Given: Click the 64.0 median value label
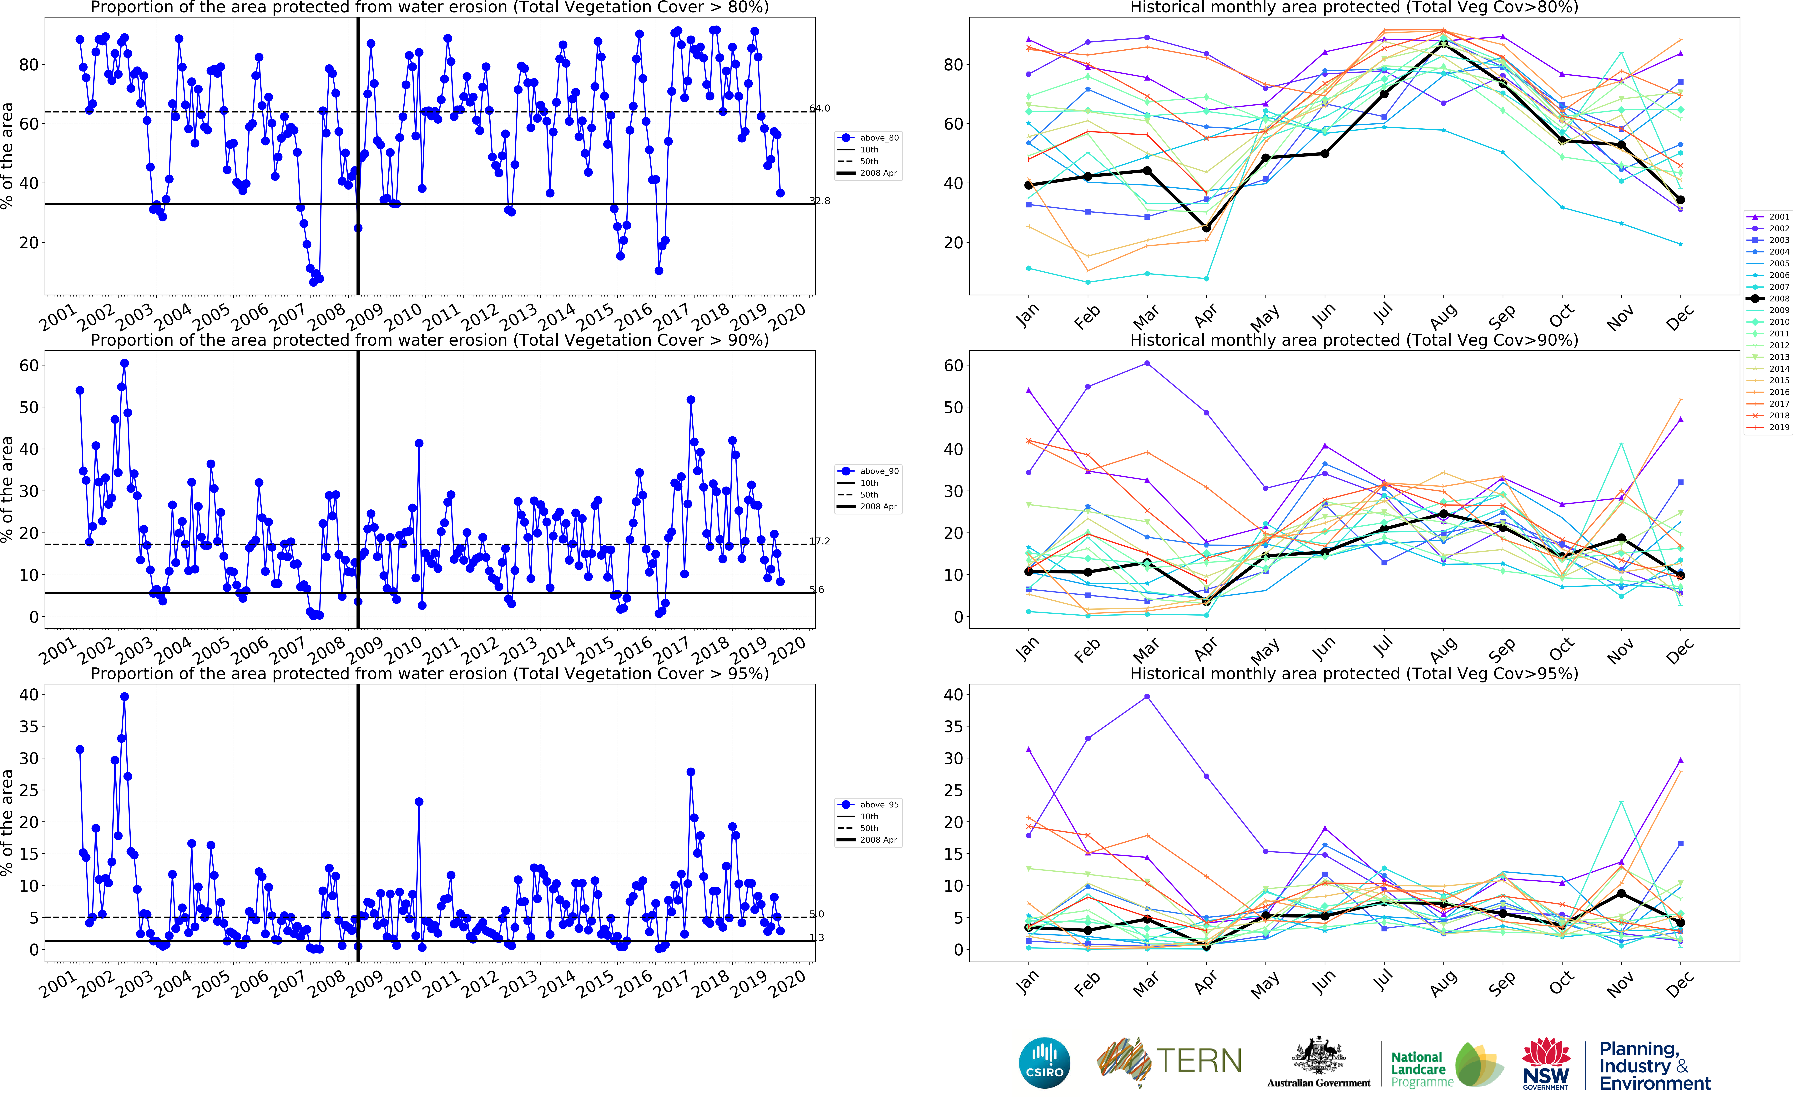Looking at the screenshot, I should point(820,109).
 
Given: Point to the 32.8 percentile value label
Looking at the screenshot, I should point(820,201).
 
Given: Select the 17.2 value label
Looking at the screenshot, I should point(820,542).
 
